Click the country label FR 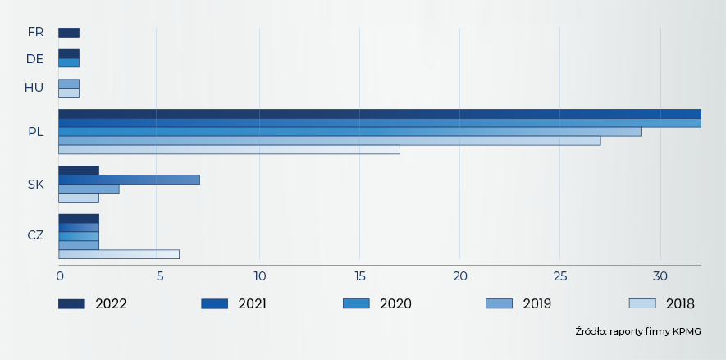[x=35, y=32]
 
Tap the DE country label [x=35, y=58]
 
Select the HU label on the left [x=34, y=88]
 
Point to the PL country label [x=36, y=131]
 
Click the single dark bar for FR [x=69, y=33]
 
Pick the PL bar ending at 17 [x=229, y=150]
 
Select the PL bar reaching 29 [x=349, y=131]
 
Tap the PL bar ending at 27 [x=329, y=141]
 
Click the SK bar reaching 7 [x=129, y=180]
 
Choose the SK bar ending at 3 [x=89, y=189]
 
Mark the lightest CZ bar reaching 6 [x=119, y=254]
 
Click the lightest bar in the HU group [x=69, y=93]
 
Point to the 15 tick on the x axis [x=359, y=276]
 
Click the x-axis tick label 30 [x=660, y=276]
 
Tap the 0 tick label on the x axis [x=60, y=276]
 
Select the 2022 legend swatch [x=71, y=303]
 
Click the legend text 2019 [x=537, y=303]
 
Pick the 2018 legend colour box [x=642, y=303]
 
